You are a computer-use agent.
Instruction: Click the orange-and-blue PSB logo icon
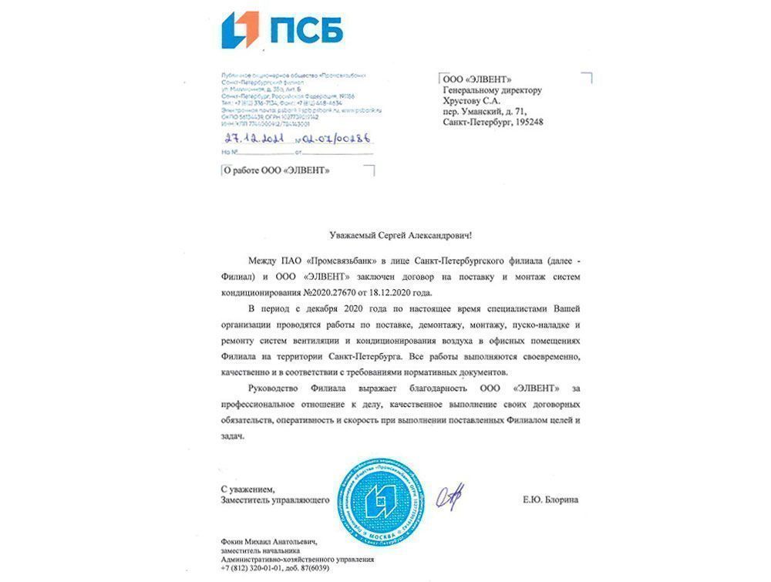pos(241,30)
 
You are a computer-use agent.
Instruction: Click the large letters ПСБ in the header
pos(306,31)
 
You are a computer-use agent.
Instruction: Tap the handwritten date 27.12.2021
pos(251,138)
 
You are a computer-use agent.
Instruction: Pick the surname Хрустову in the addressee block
pos(465,100)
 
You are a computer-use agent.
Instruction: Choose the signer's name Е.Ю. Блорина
pos(550,500)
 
